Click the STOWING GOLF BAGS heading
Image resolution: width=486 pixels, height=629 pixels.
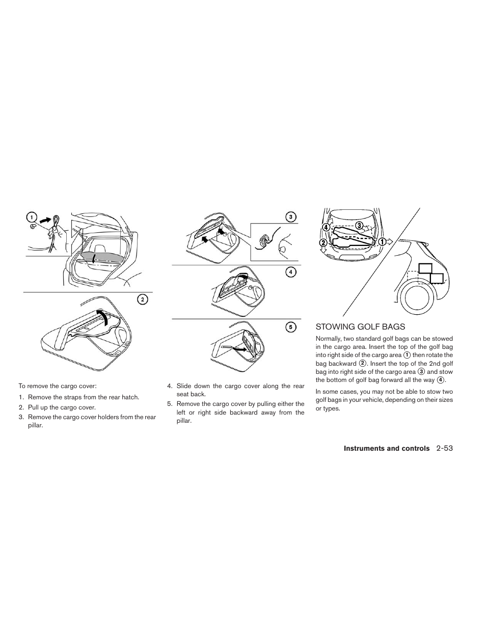360,326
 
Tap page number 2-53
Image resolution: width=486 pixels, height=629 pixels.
444,448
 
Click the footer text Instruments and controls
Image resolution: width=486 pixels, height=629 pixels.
386,448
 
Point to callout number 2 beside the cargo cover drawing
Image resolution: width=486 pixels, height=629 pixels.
143,299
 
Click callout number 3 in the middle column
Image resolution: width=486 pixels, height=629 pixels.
290,217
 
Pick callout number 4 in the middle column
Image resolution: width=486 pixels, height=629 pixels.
290,272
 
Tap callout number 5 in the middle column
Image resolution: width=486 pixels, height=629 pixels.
290,327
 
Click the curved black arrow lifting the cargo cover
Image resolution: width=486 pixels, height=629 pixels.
104,318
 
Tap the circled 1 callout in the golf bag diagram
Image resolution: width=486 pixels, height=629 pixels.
381,241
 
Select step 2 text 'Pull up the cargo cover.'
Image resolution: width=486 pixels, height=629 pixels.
62,407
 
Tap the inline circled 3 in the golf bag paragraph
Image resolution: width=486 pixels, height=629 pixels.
421,372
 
